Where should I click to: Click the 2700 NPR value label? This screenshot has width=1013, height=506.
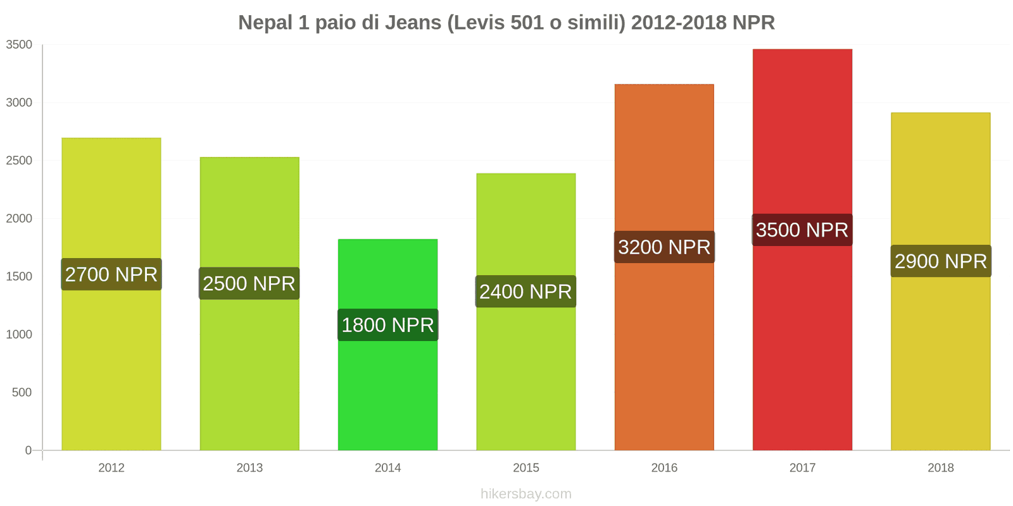pos(111,275)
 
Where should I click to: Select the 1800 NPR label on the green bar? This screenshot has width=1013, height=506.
pos(387,325)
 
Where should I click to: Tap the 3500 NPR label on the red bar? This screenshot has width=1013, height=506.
pos(802,230)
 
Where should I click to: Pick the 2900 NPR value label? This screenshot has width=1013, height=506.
pos(941,261)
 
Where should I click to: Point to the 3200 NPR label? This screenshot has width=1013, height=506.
pos(664,247)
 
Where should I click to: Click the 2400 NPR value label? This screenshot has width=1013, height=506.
pos(525,292)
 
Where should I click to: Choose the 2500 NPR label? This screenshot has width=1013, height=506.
pos(249,283)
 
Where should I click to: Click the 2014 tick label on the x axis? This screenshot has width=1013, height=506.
pos(387,468)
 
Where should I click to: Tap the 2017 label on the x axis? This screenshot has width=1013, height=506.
pos(802,468)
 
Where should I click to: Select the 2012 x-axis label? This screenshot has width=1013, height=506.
pos(111,468)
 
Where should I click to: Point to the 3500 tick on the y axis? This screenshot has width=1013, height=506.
pos(19,45)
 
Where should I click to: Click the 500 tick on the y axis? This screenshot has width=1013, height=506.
pos(22,393)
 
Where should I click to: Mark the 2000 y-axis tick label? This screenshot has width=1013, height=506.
pos(19,219)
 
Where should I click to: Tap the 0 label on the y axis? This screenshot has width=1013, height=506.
pos(28,450)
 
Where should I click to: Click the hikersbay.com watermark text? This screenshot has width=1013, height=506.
pos(525,494)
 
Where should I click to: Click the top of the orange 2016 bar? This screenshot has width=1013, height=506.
pos(664,85)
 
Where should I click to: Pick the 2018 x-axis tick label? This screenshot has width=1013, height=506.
pos(941,468)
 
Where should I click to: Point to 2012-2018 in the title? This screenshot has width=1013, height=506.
pos(679,23)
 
